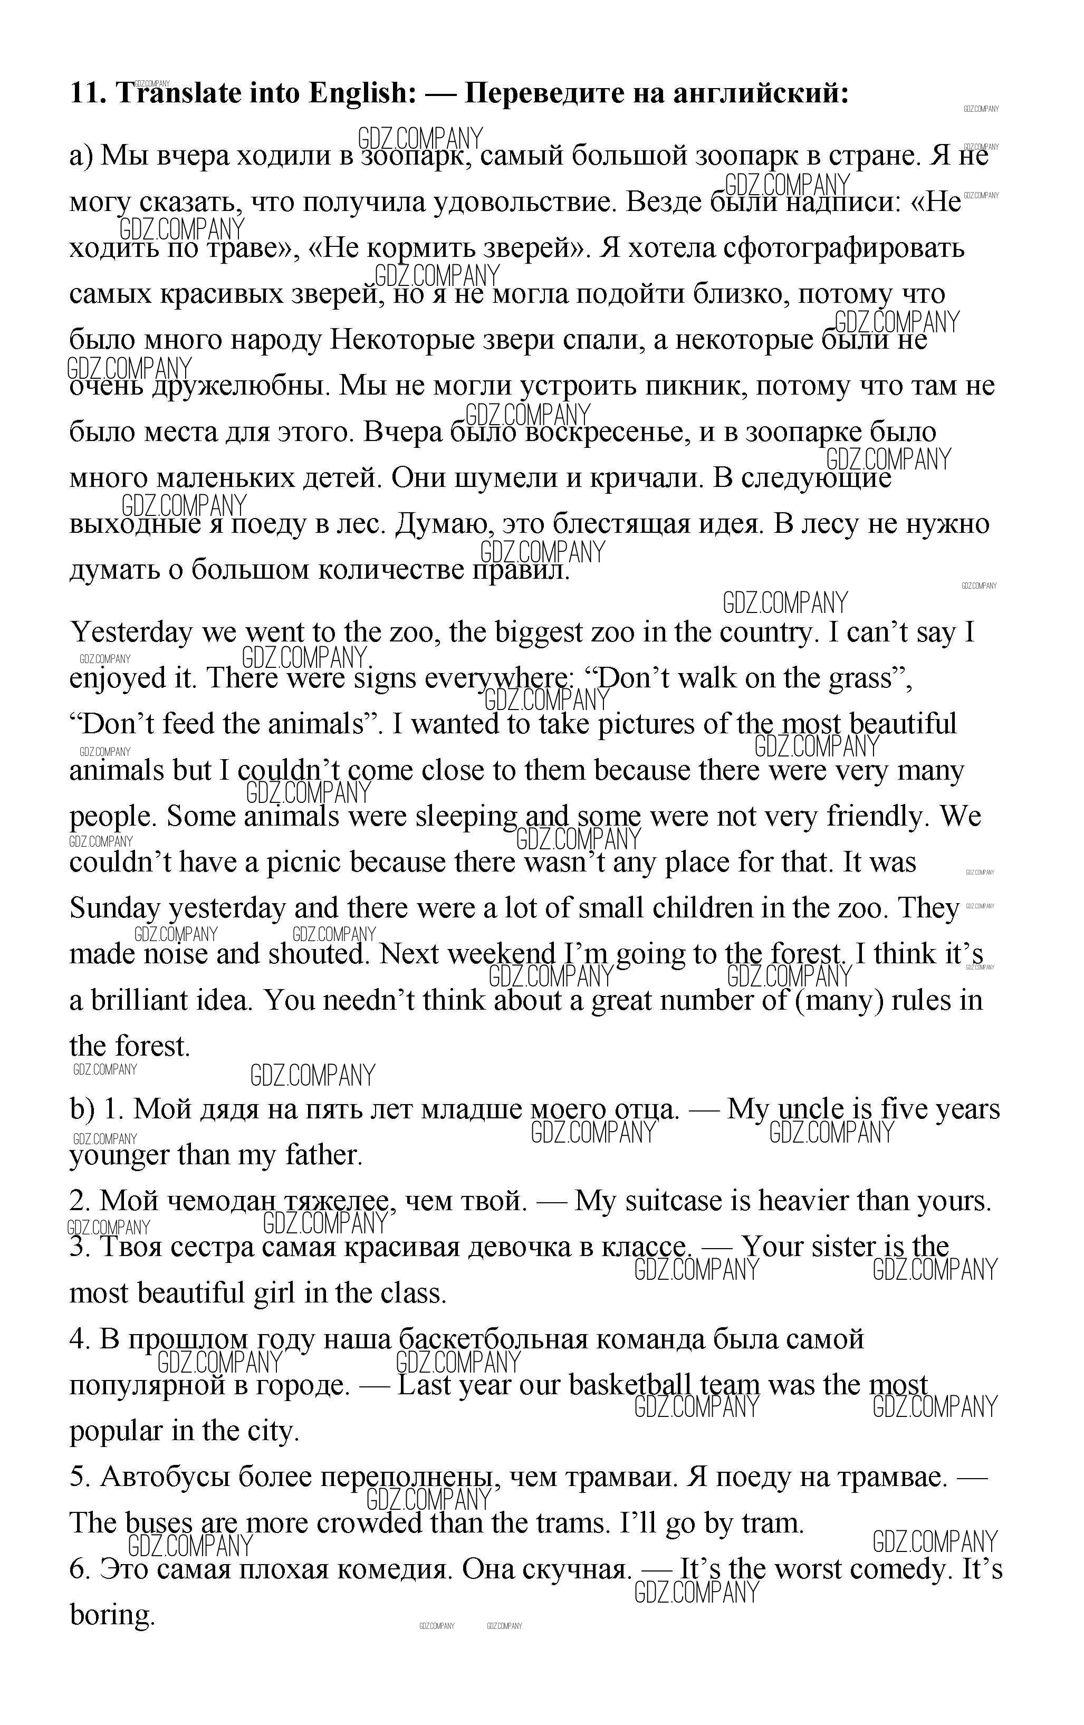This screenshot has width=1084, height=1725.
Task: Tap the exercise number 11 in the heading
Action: [88, 93]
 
